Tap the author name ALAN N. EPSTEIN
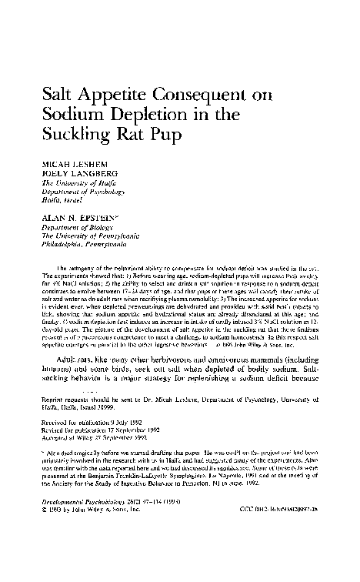click(x=82, y=219)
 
